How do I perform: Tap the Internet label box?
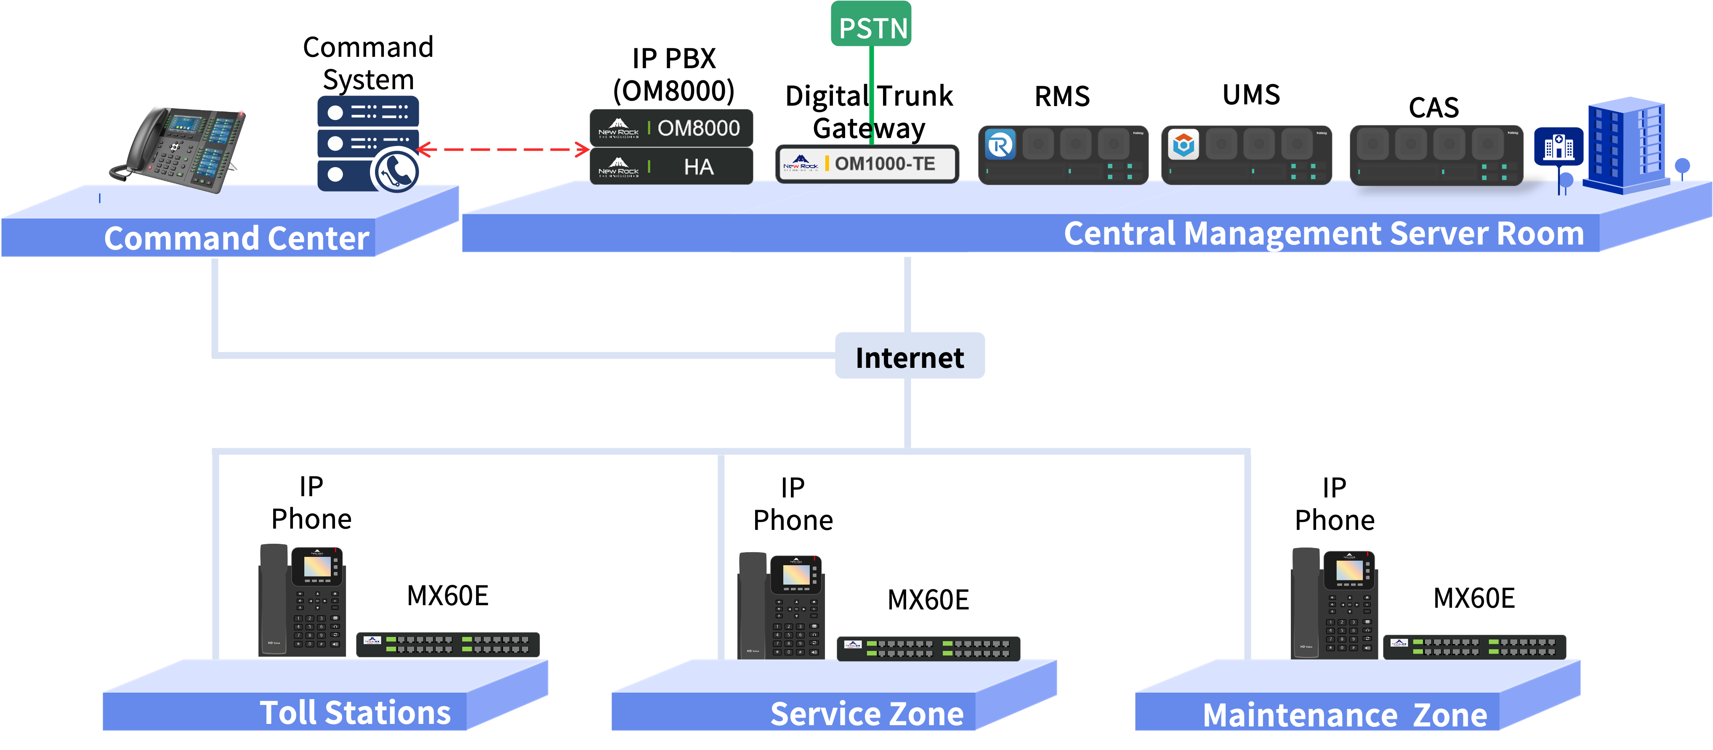pyautogui.click(x=909, y=356)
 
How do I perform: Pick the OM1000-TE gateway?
pyautogui.click(x=867, y=164)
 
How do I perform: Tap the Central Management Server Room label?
pyautogui.click(x=1323, y=234)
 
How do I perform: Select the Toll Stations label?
pyautogui.click(x=355, y=713)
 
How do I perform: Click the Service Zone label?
pyautogui.click(x=867, y=714)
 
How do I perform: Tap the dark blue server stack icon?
pyautogui.click(x=368, y=143)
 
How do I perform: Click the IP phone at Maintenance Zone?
pyautogui.click(x=1334, y=603)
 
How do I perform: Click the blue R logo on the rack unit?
pyautogui.click(x=1000, y=145)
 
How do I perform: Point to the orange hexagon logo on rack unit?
pyautogui.click(x=1183, y=145)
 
